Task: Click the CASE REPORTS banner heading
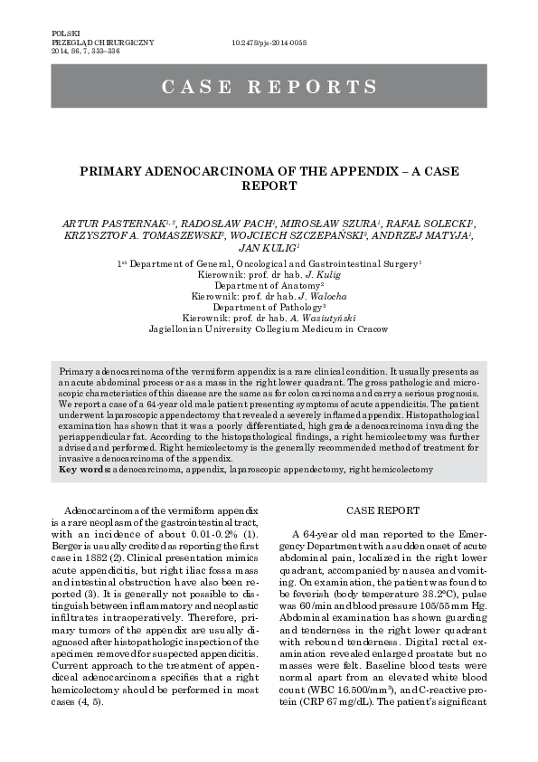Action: (x=269, y=88)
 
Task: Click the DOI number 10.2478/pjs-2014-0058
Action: (x=269, y=42)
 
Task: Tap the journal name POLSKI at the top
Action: (x=65, y=32)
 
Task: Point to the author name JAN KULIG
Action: (x=266, y=245)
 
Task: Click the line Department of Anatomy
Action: (x=268, y=285)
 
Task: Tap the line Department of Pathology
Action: (x=268, y=308)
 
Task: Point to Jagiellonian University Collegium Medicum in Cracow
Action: (x=269, y=329)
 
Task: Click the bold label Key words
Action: (x=81, y=470)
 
